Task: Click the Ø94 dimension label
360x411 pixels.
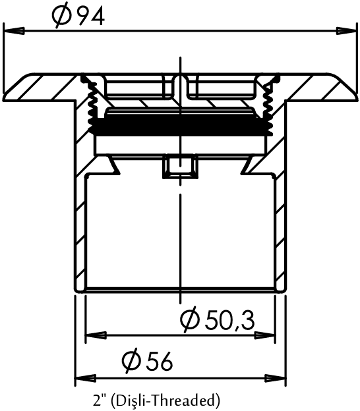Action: (x=78, y=16)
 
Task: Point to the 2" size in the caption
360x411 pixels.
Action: (x=98, y=400)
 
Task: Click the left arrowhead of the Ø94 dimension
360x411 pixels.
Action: (x=14, y=31)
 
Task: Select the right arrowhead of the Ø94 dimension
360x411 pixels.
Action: (x=346, y=31)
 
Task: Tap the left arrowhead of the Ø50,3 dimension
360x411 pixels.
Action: (x=96, y=335)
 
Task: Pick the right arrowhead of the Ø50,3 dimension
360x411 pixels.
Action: (x=265, y=335)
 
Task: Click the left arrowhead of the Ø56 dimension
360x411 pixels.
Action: (x=85, y=379)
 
